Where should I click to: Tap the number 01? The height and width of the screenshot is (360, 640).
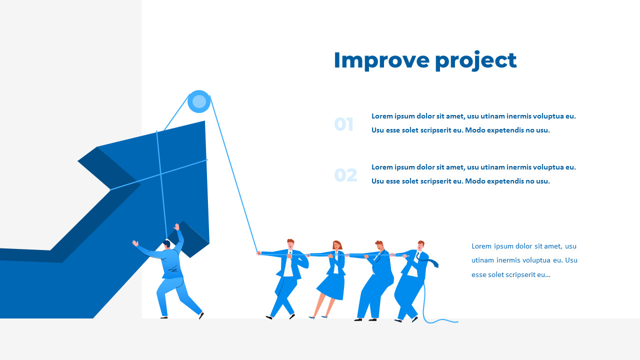pyautogui.click(x=344, y=124)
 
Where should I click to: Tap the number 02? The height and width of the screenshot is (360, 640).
pyautogui.click(x=345, y=175)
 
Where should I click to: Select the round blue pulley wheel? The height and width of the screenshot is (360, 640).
pyautogui.click(x=199, y=101)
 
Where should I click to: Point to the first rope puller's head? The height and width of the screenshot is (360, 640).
pyautogui.click(x=290, y=243)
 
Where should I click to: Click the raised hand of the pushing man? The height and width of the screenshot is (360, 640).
pyautogui.click(x=176, y=227)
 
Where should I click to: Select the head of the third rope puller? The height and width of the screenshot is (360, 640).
pyautogui.click(x=379, y=245)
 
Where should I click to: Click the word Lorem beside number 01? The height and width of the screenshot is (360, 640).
pyautogui.click(x=382, y=116)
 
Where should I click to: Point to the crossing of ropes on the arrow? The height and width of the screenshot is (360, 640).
pyautogui.click(x=161, y=174)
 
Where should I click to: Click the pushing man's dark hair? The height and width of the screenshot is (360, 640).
pyautogui.click(x=166, y=243)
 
